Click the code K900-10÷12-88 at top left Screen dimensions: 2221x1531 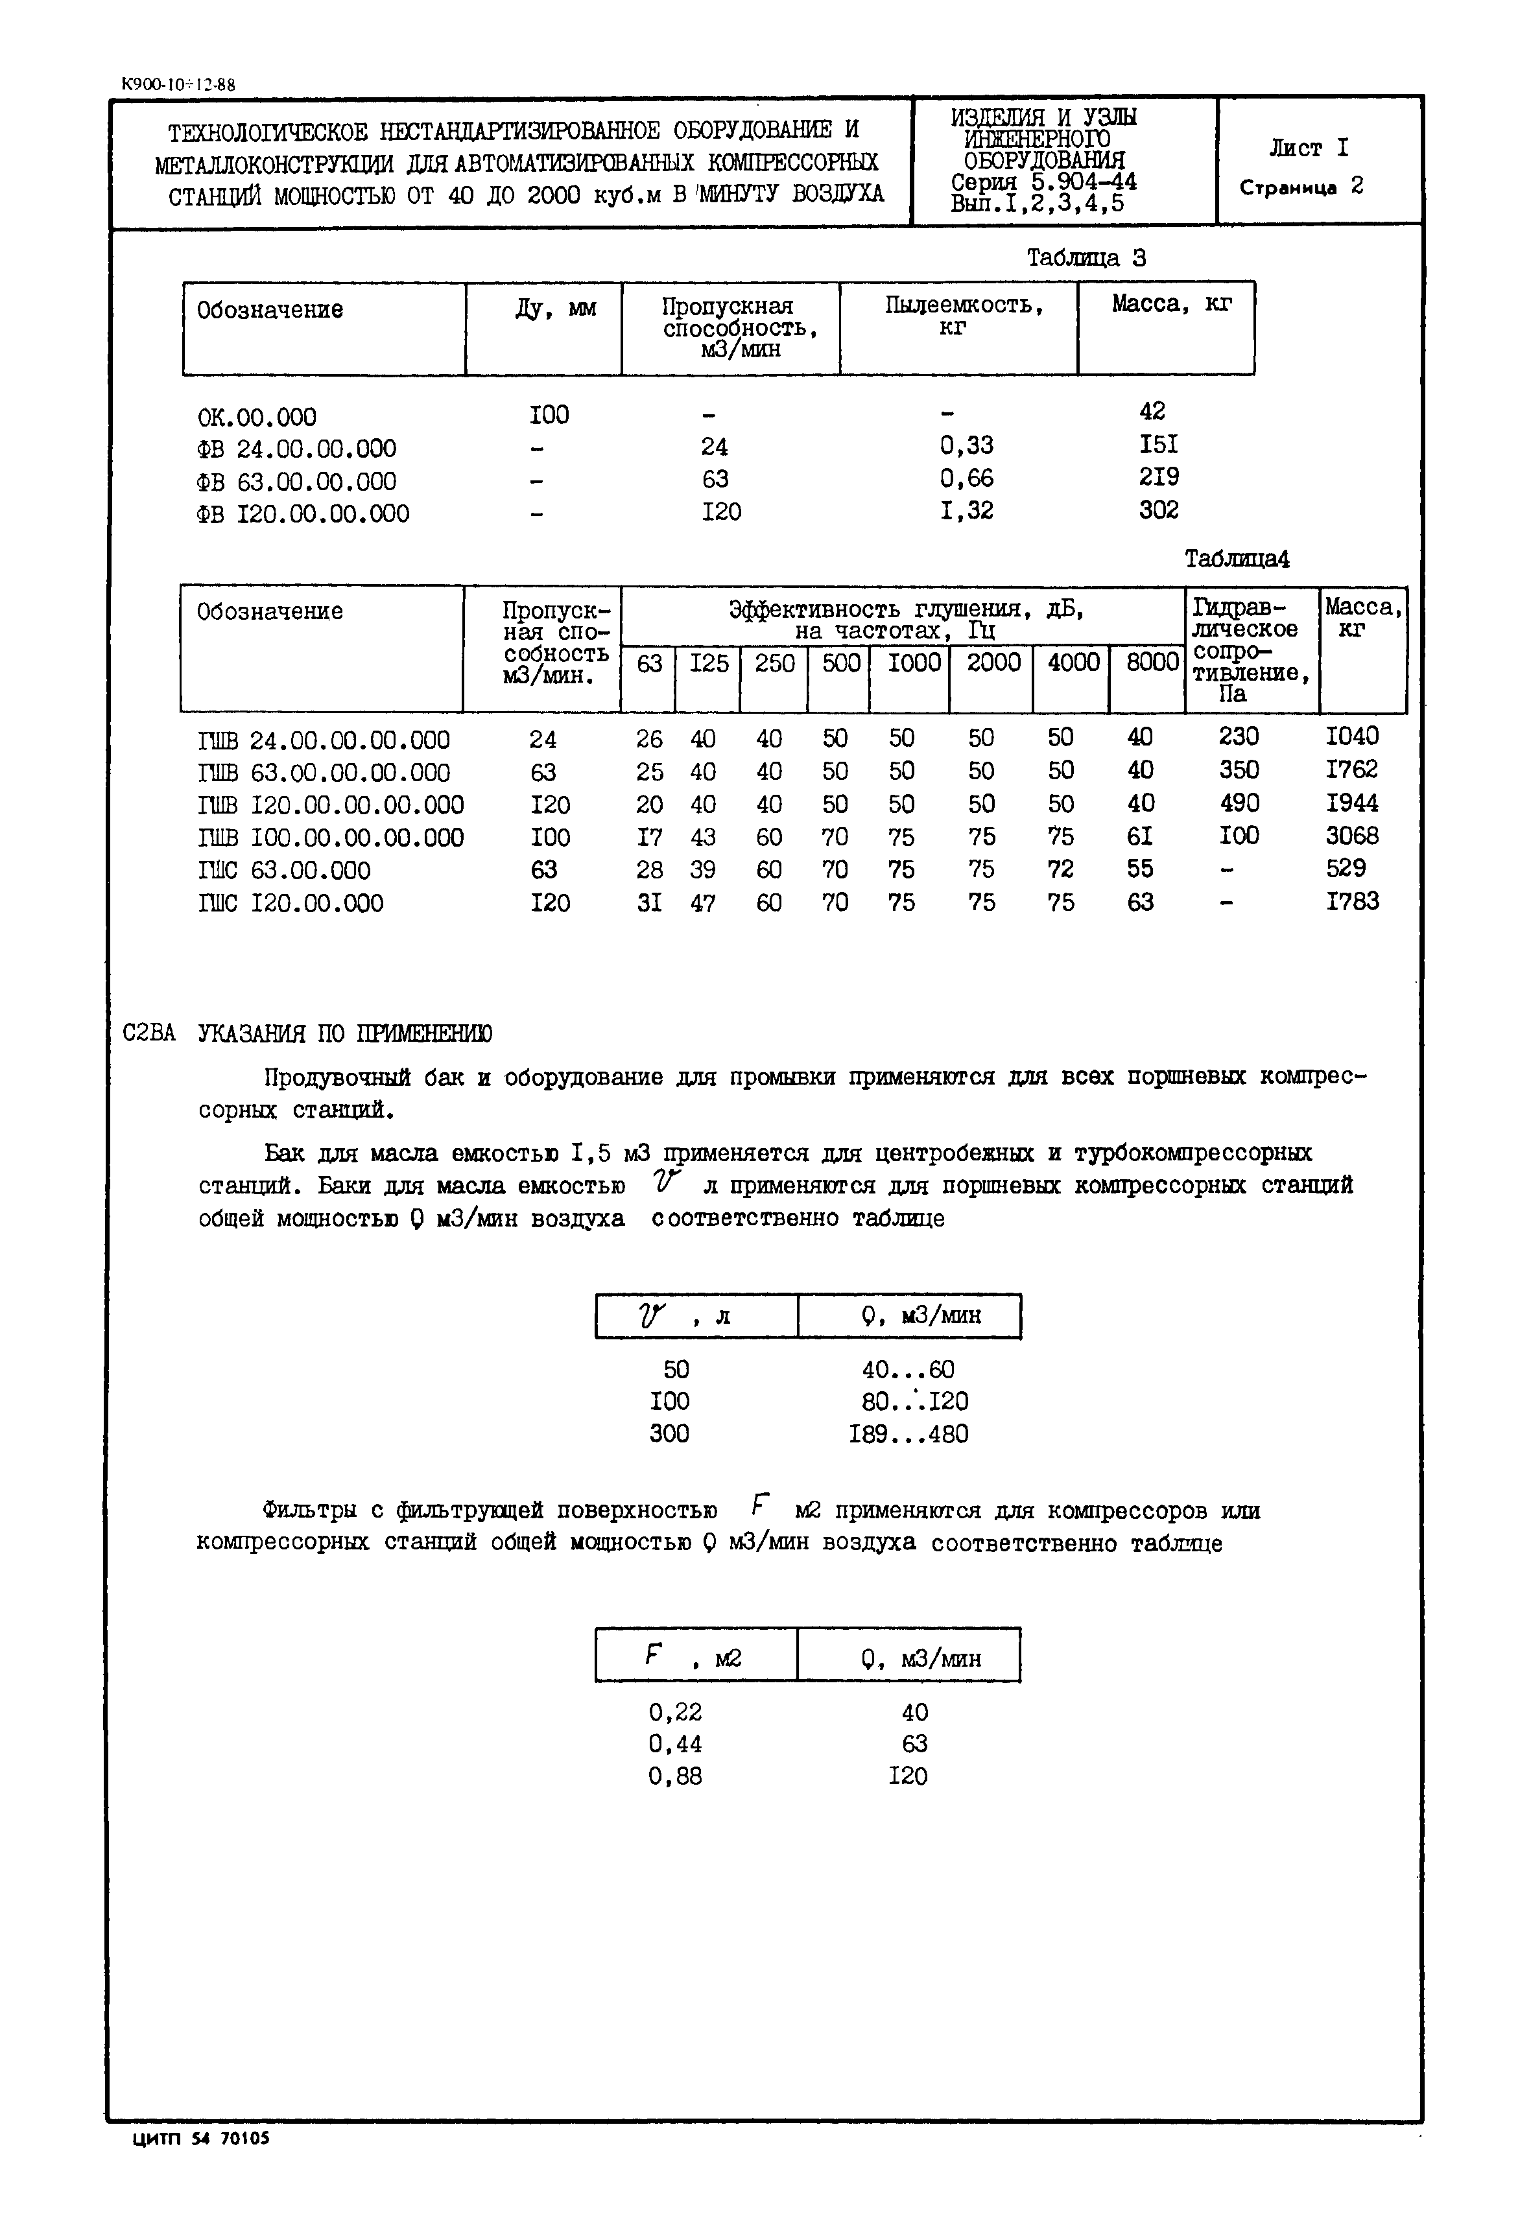pos(178,84)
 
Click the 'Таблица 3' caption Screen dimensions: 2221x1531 pos(1086,258)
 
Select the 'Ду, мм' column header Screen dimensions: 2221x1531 pos(556,309)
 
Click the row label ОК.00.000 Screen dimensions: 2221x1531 pos(256,417)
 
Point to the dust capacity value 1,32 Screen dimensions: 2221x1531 pos(966,511)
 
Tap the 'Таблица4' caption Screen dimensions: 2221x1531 pos(1237,559)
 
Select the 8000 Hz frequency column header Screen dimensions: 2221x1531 pos(1151,663)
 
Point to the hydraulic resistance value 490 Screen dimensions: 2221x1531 pos(1239,804)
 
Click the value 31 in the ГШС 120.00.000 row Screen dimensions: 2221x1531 pos(650,903)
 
